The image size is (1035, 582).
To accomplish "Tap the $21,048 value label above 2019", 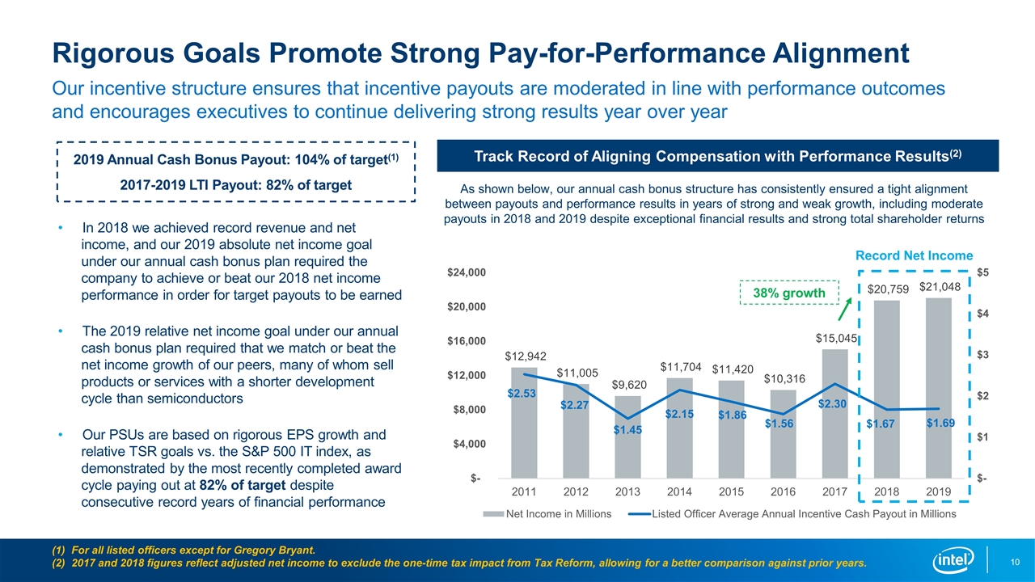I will (939, 286).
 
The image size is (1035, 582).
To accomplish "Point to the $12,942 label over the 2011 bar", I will (525, 356).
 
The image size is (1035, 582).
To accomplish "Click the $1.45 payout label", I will (627, 431).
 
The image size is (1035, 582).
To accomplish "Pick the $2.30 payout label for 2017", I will (833, 403).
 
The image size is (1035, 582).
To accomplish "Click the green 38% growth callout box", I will (790, 293).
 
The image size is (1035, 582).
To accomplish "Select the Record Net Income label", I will (914, 255).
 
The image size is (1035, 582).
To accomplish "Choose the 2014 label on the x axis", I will (680, 491).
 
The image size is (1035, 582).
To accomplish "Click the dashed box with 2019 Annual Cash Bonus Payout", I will (236, 171).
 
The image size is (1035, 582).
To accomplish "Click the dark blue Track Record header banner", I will (718, 155).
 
